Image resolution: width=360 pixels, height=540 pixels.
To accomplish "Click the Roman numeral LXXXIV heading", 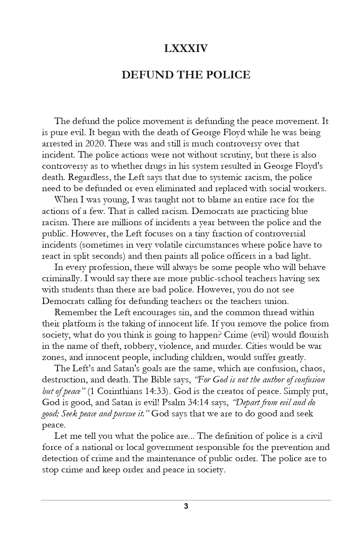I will click(x=186, y=49).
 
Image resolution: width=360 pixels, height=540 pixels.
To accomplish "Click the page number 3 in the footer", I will click(x=186, y=506).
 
